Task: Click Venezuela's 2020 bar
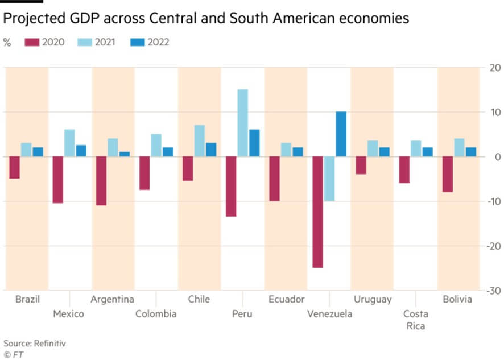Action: click(317, 212)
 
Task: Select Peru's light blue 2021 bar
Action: click(243, 123)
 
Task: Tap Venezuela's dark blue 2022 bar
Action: click(341, 134)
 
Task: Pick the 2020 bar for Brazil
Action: click(14, 167)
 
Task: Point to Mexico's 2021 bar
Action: click(69, 143)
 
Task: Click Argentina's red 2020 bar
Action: click(101, 181)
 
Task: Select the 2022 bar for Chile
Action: click(211, 150)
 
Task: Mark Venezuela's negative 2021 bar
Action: click(329, 179)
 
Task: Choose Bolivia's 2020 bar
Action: click(448, 174)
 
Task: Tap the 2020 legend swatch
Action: click(32, 42)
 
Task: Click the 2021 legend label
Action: click(105, 42)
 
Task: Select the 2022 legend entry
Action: click(150, 42)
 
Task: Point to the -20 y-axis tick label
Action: click(494, 246)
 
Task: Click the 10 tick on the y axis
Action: click(496, 112)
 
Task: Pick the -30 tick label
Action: click(494, 291)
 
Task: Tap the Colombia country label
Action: click(156, 314)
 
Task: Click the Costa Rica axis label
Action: click(416, 320)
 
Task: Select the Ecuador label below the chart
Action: click(286, 299)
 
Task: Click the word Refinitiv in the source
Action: click(50, 344)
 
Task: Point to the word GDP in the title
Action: click(85, 18)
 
